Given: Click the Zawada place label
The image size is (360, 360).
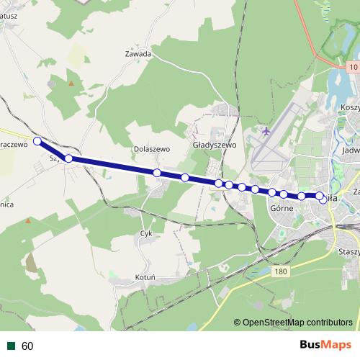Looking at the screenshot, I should (138, 54).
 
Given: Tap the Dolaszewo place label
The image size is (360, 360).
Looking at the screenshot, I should (151, 150).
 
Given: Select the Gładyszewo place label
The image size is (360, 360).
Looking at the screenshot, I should (215, 145).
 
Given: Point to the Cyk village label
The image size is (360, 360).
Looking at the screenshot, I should (146, 234).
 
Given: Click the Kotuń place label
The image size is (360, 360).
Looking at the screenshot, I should (146, 277).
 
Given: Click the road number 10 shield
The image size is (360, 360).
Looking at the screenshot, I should (352, 67).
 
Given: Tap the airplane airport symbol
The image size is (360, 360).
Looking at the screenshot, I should (266, 132).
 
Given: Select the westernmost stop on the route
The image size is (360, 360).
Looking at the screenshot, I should (37, 141).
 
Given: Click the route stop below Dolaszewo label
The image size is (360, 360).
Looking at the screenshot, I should (156, 173).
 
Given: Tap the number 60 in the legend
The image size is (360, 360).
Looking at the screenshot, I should (27, 346).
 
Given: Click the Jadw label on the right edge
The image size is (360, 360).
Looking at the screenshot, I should (351, 151).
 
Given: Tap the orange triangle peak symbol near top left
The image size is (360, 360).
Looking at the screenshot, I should (71, 84).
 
